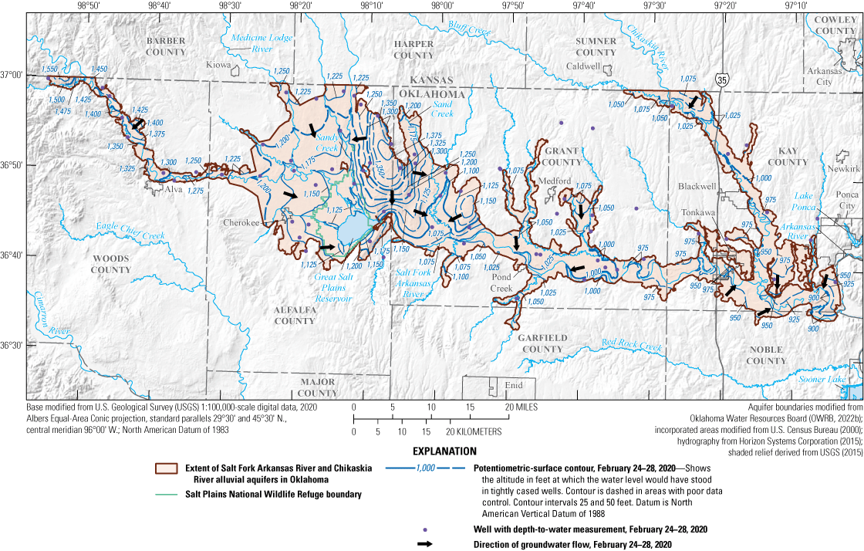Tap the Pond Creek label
[501, 284]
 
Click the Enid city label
[514, 385]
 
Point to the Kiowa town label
[218, 66]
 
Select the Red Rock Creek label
[632, 345]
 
